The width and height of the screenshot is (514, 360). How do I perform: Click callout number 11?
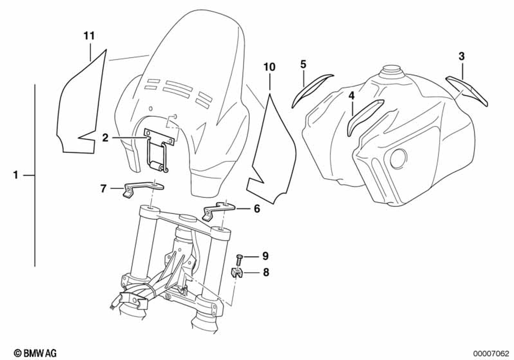tap(89, 36)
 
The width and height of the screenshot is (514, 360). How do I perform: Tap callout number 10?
tap(269, 67)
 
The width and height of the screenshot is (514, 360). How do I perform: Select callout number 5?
tap(303, 64)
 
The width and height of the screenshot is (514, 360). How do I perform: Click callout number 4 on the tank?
tap(352, 96)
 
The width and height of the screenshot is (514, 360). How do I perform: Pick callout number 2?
tap(105, 137)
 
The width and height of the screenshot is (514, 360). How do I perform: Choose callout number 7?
tap(103, 189)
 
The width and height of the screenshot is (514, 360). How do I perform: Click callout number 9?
tap(265, 256)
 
